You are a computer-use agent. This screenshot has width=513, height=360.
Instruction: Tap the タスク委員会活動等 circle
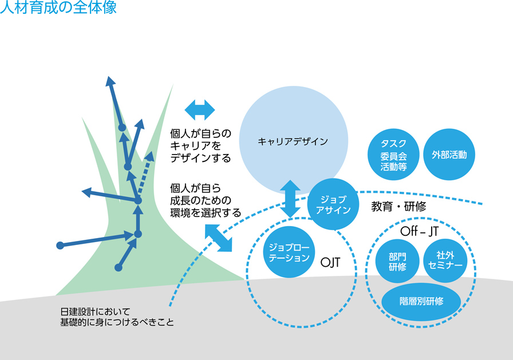[x=393, y=155]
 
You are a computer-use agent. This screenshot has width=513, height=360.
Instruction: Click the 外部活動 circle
[x=449, y=155]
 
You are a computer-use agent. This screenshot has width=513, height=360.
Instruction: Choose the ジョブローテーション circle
[x=289, y=252]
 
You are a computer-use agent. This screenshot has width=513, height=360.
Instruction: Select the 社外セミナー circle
[x=445, y=261]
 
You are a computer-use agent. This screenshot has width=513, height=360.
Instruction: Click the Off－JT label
[x=420, y=232]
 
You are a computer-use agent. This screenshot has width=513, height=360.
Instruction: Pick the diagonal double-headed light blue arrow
[x=218, y=237]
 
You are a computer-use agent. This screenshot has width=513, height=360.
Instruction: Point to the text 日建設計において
[x=91, y=312]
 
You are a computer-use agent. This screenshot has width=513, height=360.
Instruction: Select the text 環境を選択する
[x=205, y=212]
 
